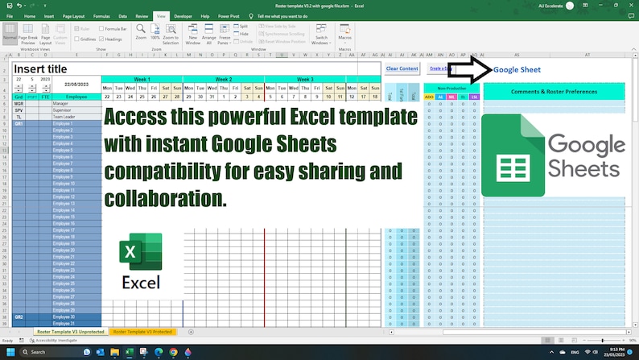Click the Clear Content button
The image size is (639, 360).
(402, 68)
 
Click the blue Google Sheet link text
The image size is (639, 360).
(517, 70)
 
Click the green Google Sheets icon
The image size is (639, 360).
(512, 155)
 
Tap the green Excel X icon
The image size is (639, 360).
(141, 252)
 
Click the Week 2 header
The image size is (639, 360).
(223, 80)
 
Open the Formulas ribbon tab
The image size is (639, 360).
(101, 15)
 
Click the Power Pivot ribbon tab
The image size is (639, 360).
(229, 15)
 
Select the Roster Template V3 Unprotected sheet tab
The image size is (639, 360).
(70, 332)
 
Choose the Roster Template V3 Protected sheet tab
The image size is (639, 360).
(142, 332)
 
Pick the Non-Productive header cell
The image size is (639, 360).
(451, 88)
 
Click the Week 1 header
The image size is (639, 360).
(142, 80)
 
